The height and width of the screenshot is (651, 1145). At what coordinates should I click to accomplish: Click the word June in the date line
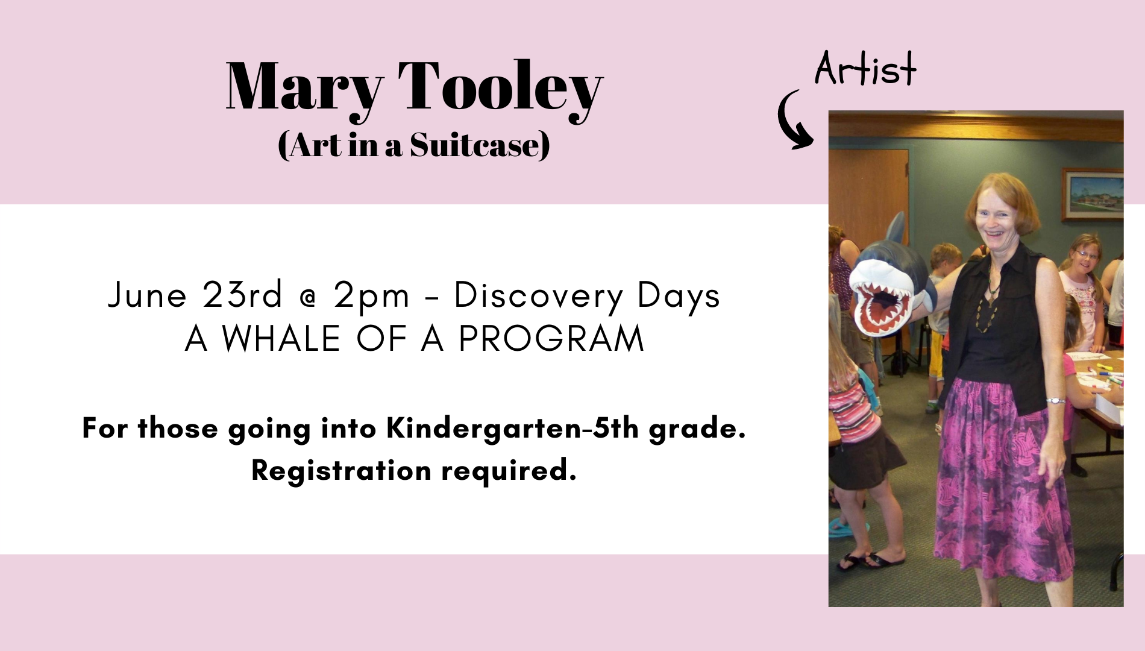pyautogui.click(x=148, y=295)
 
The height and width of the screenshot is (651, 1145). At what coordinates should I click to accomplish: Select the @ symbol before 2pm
pyautogui.click(x=308, y=298)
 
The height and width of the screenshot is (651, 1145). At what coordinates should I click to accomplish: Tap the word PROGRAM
pyautogui.click(x=551, y=338)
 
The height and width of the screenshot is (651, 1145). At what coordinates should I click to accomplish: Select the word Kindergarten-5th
pyautogui.click(x=513, y=429)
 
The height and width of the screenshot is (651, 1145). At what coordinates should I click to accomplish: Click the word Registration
pyautogui.click(x=342, y=470)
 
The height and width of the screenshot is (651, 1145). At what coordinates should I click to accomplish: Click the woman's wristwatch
pyautogui.click(x=1055, y=400)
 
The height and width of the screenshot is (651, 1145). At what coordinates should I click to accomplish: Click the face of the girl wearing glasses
pyautogui.click(x=1085, y=257)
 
